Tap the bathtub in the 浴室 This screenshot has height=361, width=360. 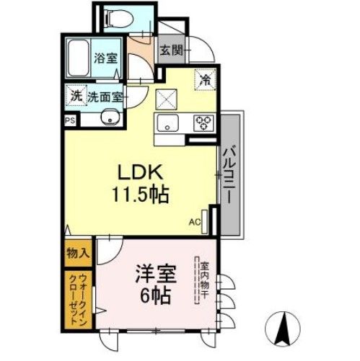(x=78, y=57)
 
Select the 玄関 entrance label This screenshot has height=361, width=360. (x=171, y=51)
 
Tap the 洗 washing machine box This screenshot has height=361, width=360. (x=74, y=94)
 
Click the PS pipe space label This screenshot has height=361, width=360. (x=71, y=121)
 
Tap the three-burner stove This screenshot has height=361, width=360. (x=203, y=122)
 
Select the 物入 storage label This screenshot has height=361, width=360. (x=76, y=253)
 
